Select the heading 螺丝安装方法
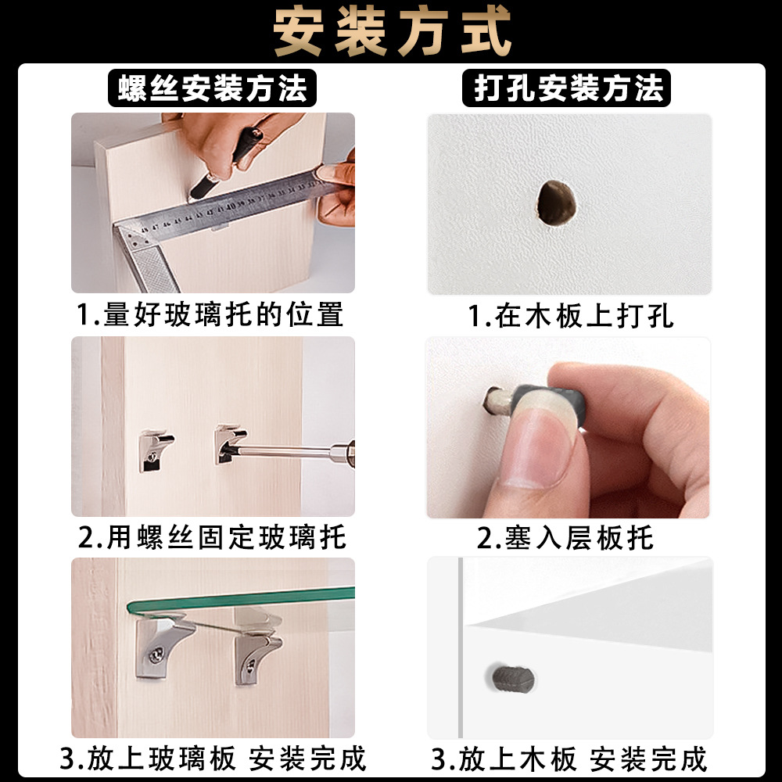[x=213, y=88]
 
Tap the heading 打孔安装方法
[x=569, y=88]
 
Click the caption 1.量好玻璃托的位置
[x=210, y=314]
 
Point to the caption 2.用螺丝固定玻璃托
[x=212, y=538]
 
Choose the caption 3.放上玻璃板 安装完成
[x=212, y=759]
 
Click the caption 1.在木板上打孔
[x=570, y=316]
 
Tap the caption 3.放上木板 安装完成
[x=569, y=759]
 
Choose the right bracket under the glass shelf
[x=256, y=649]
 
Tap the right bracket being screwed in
[x=228, y=444]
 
